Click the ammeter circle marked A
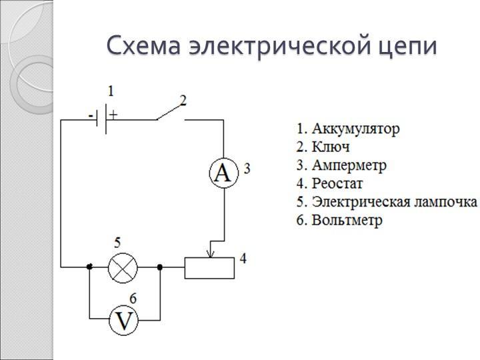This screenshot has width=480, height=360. coord(223,173)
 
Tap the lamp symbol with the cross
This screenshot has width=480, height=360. coord(123,267)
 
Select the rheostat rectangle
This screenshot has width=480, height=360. coord(209,267)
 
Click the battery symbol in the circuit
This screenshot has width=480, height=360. coord(103,120)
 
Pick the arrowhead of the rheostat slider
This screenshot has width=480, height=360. coord(211,253)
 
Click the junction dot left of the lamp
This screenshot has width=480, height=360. coord(89,267)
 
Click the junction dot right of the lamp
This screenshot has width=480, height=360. coord(160,267)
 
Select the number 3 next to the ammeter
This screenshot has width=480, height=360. coord(247,169)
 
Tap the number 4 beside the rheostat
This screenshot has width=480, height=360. coord(243,257)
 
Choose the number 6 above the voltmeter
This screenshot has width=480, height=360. coord(133,298)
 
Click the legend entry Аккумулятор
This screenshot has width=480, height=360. coord(348,129)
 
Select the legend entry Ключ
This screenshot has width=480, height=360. coord(323,147)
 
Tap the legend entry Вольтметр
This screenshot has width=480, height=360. coord(339,220)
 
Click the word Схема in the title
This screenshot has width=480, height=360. coord(143,47)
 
